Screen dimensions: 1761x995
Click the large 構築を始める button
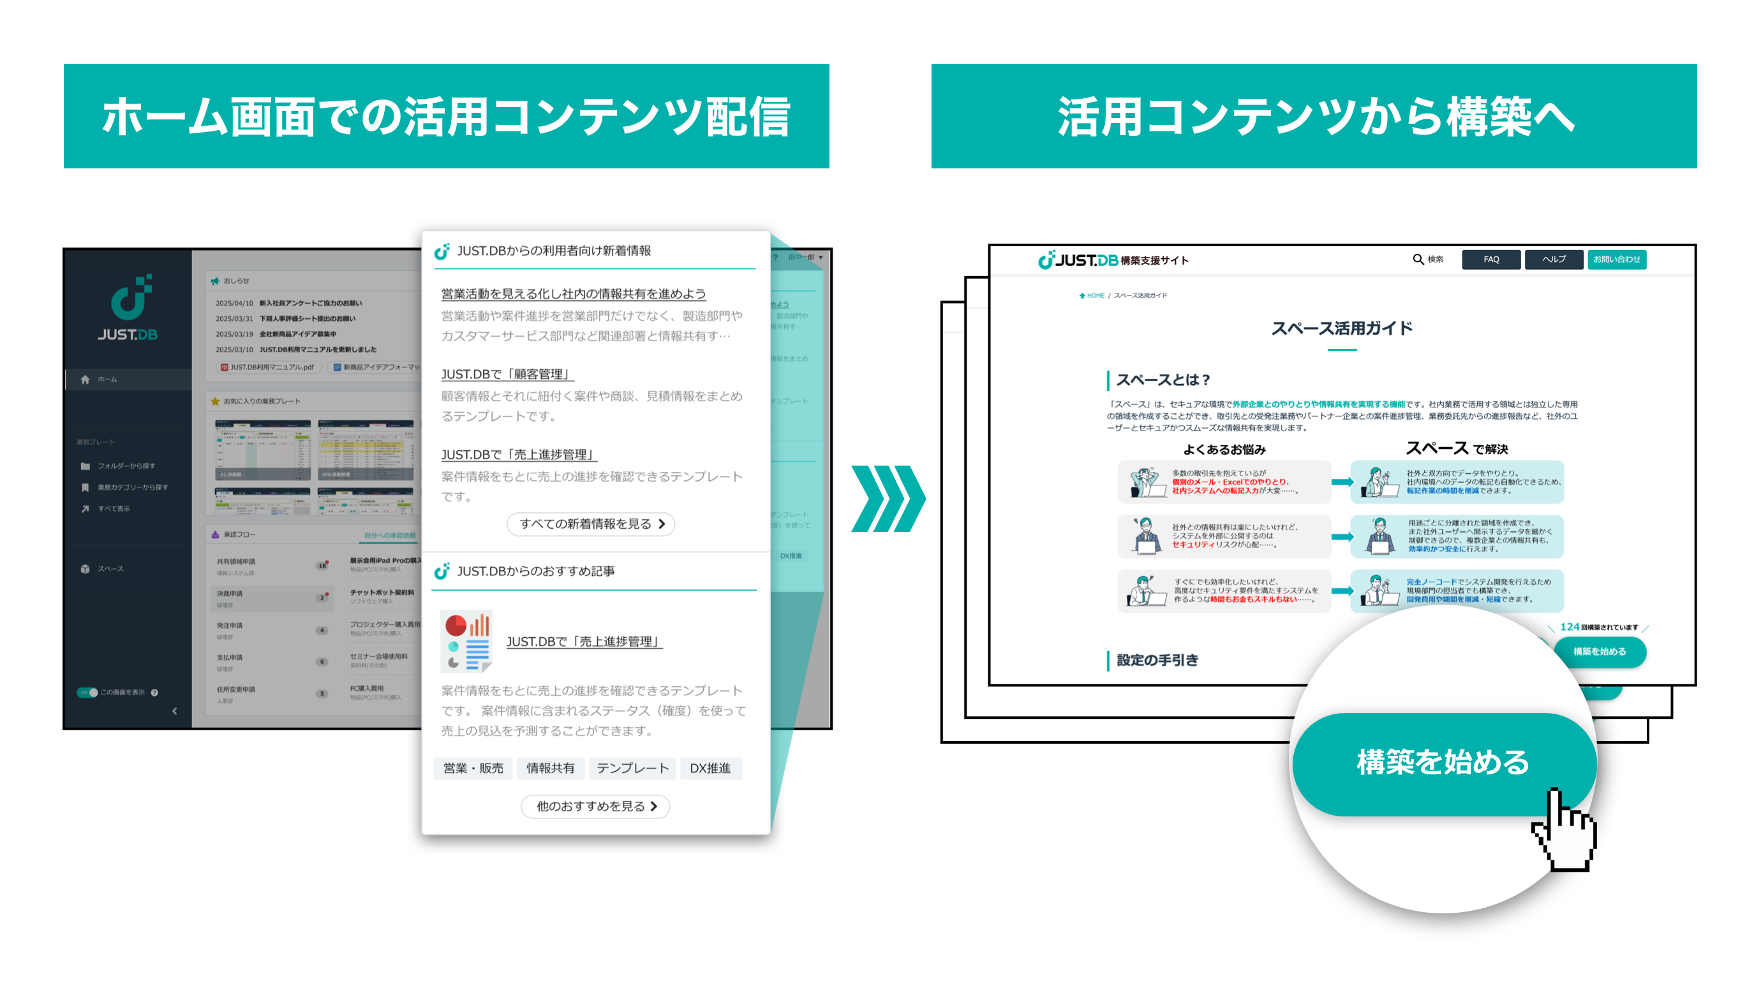tap(1443, 763)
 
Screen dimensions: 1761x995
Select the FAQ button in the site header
tap(1491, 260)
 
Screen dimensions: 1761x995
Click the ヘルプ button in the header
tap(1553, 260)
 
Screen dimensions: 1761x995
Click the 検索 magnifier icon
tap(1418, 260)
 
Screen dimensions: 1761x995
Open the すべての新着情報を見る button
tap(591, 524)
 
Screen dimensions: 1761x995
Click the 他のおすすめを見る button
tap(595, 806)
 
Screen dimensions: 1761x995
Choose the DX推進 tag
tap(710, 768)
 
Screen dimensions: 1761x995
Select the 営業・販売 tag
tap(473, 768)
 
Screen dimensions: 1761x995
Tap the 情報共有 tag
tap(550, 768)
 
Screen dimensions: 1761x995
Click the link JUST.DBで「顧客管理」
tap(507, 374)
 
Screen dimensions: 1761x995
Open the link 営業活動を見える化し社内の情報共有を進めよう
tap(573, 294)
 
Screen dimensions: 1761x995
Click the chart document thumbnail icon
tap(466, 642)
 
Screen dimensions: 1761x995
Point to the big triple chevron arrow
tap(888, 499)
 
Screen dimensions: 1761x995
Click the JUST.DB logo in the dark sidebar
tap(128, 307)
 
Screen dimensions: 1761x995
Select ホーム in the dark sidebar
tap(107, 380)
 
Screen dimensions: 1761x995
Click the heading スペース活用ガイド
tap(1341, 328)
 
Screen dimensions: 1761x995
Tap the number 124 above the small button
tap(1569, 626)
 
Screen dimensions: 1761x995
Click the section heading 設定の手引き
tap(1157, 660)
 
